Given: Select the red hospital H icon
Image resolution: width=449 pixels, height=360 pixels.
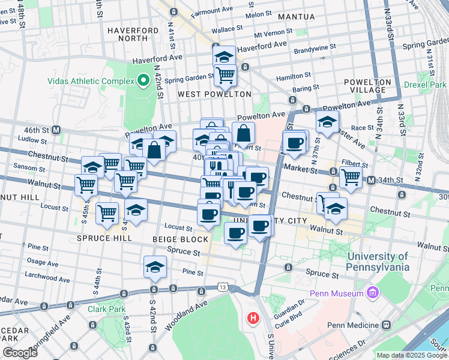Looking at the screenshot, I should (x=253, y=317).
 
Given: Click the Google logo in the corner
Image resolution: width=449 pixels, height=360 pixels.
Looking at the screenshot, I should (x=19, y=353).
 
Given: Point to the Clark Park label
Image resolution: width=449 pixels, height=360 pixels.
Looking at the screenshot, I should (x=106, y=310).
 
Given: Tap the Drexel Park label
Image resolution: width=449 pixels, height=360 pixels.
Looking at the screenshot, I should (x=425, y=85).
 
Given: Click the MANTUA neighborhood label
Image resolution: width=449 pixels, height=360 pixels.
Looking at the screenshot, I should (x=296, y=17).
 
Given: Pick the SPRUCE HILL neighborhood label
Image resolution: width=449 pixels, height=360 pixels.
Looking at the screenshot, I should (x=104, y=238).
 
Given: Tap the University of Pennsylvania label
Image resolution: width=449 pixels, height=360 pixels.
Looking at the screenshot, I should (x=378, y=262).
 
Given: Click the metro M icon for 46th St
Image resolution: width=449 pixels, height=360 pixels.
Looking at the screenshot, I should (x=56, y=130).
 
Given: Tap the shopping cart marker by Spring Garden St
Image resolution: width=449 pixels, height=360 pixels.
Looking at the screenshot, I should (x=225, y=76).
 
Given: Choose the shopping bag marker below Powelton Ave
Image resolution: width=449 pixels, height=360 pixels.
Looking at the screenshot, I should (x=243, y=133).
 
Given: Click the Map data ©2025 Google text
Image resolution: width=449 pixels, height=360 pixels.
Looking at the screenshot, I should (x=411, y=355).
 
